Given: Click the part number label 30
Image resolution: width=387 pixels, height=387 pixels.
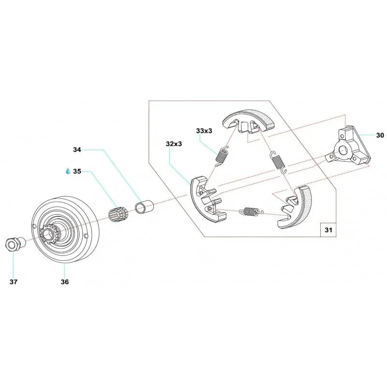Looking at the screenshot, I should [380, 135].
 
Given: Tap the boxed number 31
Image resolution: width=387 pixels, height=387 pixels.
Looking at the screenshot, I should [328, 230].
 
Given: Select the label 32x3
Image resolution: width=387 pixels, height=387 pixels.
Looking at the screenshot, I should [173, 144].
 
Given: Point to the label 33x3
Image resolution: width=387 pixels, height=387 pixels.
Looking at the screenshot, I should [204, 131].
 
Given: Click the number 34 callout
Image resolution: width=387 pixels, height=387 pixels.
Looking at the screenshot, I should [77, 150].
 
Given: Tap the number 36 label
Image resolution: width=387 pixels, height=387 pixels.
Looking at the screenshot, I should [65, 282].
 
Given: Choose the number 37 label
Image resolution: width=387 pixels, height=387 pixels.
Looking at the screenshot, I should [14, 282].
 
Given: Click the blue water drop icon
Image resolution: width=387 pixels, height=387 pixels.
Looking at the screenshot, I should [68, 171].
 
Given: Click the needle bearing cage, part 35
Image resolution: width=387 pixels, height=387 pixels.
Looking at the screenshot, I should [118, 213].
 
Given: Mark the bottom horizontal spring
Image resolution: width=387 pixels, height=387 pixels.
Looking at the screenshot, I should [250, 211].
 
